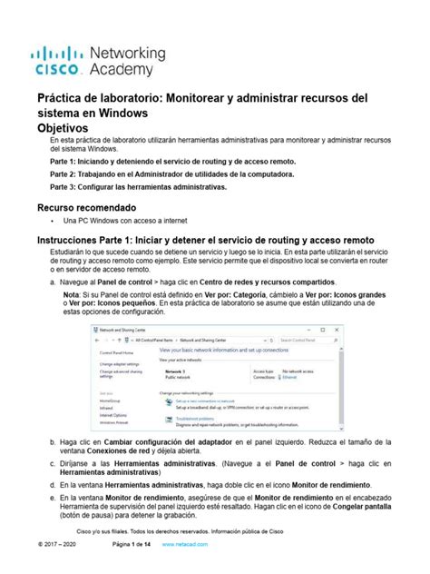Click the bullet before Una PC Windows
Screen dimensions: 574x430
point(55,222)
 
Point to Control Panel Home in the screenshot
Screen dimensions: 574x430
point(117,351)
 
